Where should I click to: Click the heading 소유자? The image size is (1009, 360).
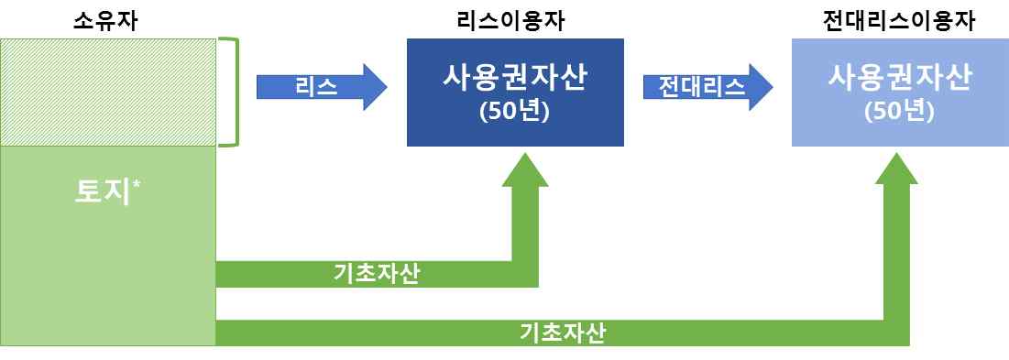[x=107, y=22]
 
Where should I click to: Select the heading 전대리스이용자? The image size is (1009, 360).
[x=900, y=22]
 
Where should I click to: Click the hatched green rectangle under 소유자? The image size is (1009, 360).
[x=107, y=93]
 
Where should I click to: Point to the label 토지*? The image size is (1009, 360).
[x=107, y=191]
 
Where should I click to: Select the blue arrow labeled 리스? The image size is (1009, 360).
[x=322, y=87]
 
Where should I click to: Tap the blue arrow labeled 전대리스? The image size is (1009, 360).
[x=707, y=87]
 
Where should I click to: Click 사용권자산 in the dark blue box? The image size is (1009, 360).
[x=515, y=79]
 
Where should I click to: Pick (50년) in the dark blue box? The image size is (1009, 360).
[x=515, y=112]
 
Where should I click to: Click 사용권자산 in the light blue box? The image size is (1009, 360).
[x=900, y=79]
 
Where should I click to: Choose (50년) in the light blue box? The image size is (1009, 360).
[x=900, y=112]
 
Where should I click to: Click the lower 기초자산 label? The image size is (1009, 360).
[x=562, y=333]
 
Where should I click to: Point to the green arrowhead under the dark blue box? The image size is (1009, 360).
[x=526, y=169]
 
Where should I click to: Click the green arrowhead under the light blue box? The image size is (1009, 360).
[x=895, y=169]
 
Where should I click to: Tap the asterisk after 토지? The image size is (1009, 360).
[x=137, y=185]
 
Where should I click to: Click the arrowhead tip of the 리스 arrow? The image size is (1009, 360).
[x=388, y=87]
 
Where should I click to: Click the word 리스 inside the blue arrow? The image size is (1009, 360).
[x=316, y=87]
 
